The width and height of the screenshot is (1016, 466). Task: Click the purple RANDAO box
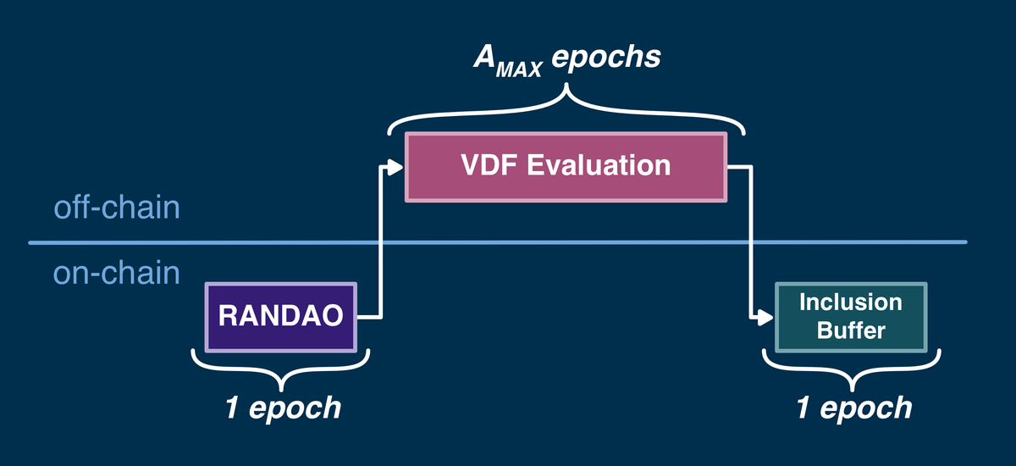tap(282, 317)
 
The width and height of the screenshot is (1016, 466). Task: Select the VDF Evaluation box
tap(566, 166)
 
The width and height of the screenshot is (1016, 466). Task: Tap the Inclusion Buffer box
tap(851, 317)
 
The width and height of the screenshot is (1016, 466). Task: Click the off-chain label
tap(116, 207)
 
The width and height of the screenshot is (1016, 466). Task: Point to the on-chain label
tap(116, 273)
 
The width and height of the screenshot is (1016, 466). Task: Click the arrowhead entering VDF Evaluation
tap(395, 166)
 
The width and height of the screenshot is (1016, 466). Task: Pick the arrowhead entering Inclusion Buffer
tap(765, 318)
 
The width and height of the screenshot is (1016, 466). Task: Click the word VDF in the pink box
tap(489, 165)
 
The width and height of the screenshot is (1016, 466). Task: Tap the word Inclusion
tap(851, 302)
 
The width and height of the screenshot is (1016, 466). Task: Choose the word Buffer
tap(851, 330)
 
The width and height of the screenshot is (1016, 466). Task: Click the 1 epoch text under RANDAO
tap(282, 408)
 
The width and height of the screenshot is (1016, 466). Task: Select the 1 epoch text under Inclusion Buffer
tap(853, 408)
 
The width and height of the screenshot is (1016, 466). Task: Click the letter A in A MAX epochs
tap(484, 57)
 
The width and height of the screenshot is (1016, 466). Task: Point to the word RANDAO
tap(280, 317)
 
